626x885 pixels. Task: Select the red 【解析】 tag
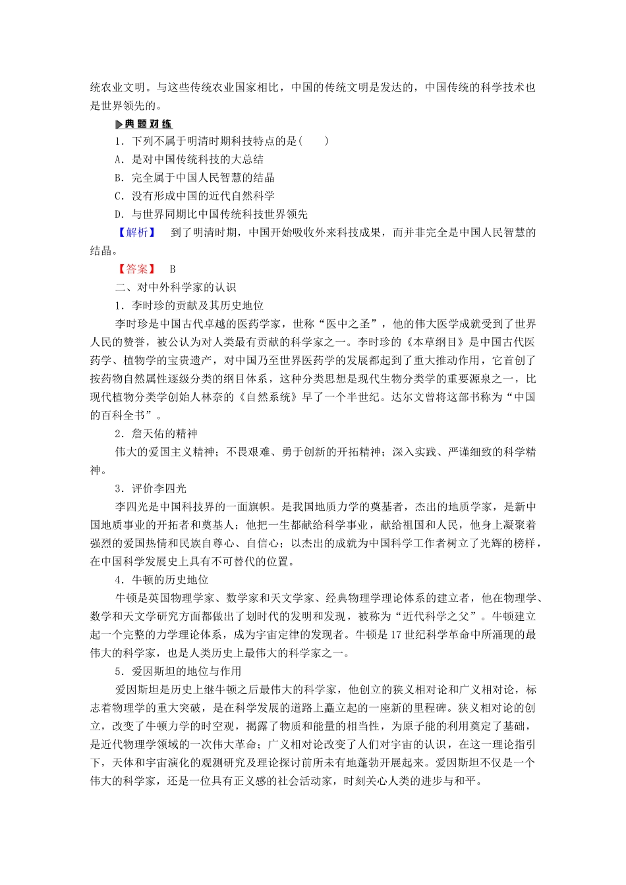click(x=137, y=232)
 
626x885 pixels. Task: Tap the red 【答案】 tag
click(x=137, y=269)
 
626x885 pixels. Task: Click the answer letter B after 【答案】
click(x=173, y=269)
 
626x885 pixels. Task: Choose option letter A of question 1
click(x=119, y=159)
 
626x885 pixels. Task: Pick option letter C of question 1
click(x=119, y=196)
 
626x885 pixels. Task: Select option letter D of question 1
click(x=119, y=214)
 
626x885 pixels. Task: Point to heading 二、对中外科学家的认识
click(x=175, y=287)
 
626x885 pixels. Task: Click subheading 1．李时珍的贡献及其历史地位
click(x=189, y=306)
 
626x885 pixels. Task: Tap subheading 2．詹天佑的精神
click(x=156, y=433)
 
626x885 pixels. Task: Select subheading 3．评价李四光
click(x=151, y=489)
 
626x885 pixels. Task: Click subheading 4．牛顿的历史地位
click(x=161, y=579)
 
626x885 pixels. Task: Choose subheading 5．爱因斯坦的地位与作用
click(x=178, y=671)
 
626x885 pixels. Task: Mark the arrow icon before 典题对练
click(x=119, y=124)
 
